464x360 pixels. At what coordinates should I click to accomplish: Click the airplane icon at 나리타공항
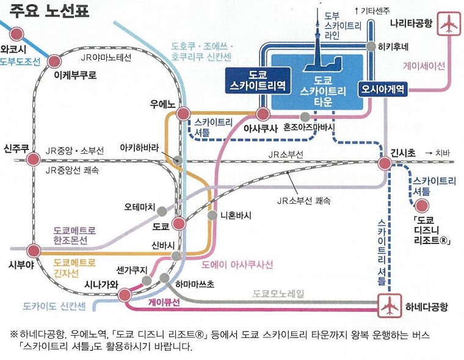coord(449,25)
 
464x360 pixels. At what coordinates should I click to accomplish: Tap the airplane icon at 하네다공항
coord(387,304)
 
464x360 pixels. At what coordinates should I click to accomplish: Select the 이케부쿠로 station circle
coord(54,61)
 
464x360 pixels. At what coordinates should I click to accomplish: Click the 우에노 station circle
coord(182,113)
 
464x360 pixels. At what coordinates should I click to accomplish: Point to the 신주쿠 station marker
coord(34,160)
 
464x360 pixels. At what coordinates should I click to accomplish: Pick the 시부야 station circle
coord(34,250)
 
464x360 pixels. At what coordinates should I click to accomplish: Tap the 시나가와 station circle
coord(125,295)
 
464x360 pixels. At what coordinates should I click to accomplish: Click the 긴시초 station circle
coord(385,164)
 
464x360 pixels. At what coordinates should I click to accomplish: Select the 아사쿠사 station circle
coord(263,113)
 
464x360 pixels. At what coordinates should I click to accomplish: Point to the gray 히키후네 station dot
coord(371,46)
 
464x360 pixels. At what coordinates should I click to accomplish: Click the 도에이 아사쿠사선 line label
coord(237,264)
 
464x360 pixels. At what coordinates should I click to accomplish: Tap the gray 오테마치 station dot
coord(162,211)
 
